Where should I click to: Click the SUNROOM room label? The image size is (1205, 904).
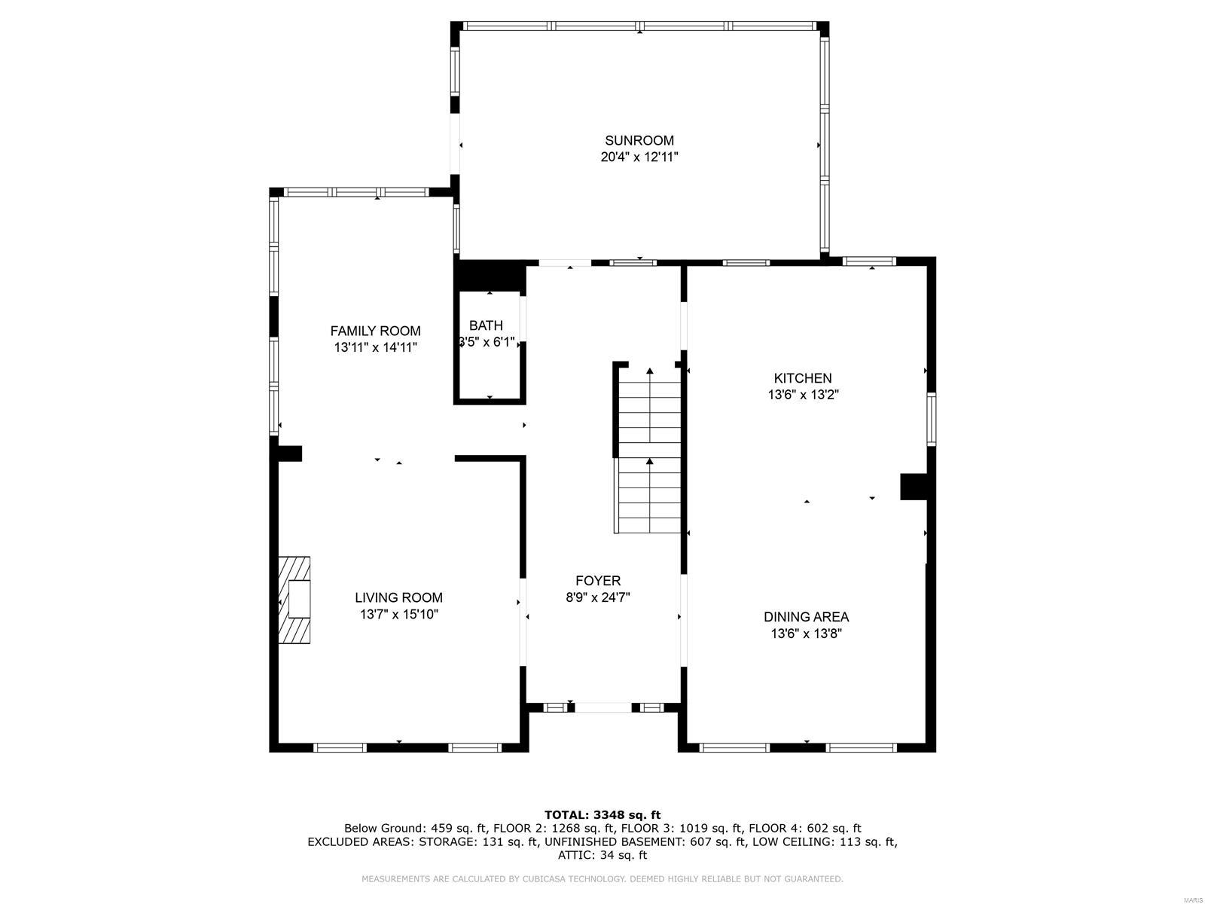click(x=639, y=140)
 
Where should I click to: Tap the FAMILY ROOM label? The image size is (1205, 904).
click(x=375, y=331)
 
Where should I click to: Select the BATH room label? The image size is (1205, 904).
click(x=486, y=325)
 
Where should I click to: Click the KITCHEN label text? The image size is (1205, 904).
click(x=803, y=378)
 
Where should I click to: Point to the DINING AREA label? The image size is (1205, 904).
click(x=806, y=616)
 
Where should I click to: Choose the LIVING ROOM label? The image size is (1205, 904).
click(x=398, y=597)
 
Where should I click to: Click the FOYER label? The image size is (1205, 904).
click(x=598, y=581)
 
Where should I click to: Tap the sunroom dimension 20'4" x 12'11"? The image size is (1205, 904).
click(x=639, y=157)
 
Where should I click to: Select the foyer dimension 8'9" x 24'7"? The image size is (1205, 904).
click(x=598, y=597)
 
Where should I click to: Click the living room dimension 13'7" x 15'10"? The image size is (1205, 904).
click(x=398, y=614)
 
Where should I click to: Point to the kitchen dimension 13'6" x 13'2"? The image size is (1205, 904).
click(x=803, y=395)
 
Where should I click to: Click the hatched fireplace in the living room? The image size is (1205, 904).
click(x=294, y=600)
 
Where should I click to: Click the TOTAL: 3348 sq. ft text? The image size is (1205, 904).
click(x=602, y=814)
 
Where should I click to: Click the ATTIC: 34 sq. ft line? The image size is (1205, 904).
click(x=602, y=855)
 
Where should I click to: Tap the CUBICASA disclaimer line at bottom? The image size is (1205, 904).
click(x=602, y=879)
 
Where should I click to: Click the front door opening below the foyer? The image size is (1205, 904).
click(x=603, y=707)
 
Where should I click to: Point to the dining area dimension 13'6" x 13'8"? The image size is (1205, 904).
click(x=806, y=634)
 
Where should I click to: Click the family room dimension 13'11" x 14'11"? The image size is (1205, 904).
click(x=375, y=347)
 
